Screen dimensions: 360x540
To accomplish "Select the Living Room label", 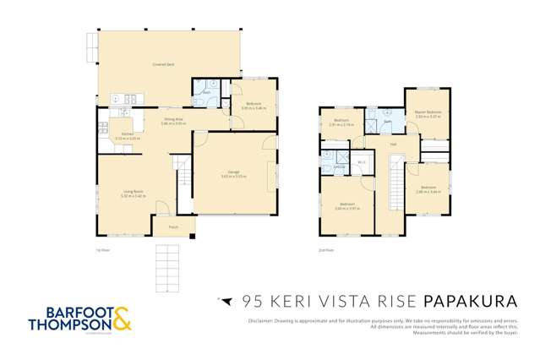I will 126,194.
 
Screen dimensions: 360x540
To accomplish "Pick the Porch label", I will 172,226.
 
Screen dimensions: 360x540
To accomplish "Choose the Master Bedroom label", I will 428,112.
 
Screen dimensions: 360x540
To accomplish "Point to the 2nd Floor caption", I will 327,250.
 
